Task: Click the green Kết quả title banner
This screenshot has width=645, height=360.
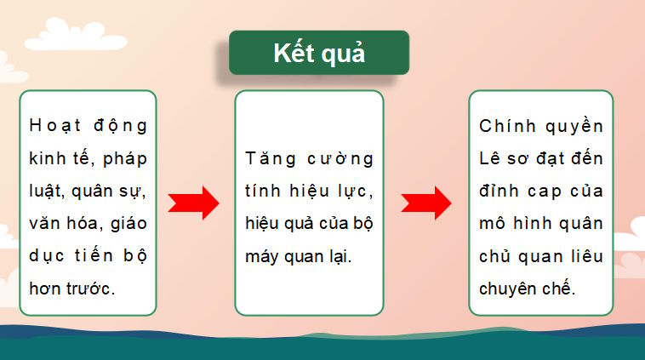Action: click(x=319, y=53)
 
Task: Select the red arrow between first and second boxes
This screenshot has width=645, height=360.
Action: click(x=194, y=203)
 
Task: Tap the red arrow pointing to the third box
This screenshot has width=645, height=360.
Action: click(x=426, y=203)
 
